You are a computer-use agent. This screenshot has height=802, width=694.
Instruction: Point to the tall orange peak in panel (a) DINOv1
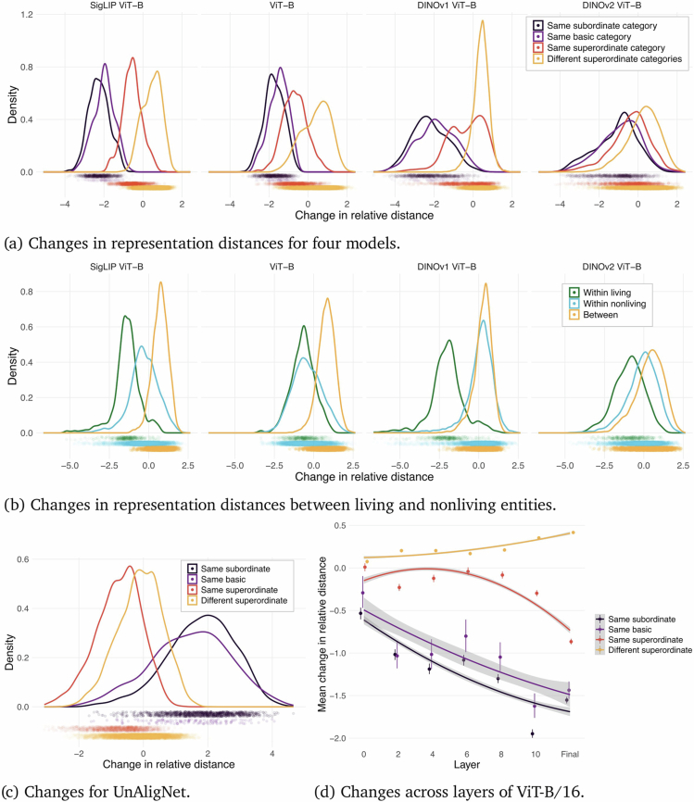tap(482, 23)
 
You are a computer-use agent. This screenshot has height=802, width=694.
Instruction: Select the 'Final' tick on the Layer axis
tap(570, 754)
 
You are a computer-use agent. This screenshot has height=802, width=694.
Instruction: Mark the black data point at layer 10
tap(533, 733)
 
